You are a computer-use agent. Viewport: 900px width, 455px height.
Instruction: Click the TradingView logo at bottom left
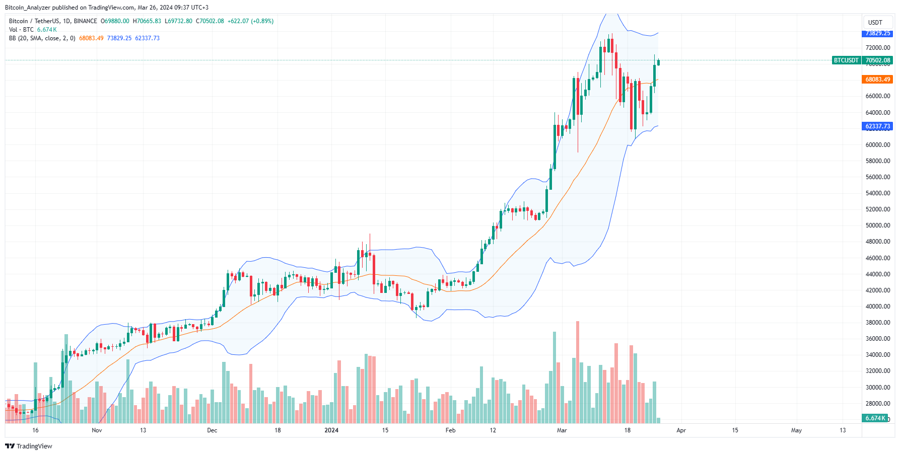pyautogui.click(x=28, y=446)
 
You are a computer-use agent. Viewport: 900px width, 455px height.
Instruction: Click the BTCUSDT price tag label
pyautogui.click(x=846, y=60)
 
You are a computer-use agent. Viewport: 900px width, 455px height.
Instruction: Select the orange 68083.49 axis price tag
pyautogui.click(x=877, y=80)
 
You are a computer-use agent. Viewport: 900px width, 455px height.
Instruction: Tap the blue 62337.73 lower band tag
pyautogui.click(x=877, y=126)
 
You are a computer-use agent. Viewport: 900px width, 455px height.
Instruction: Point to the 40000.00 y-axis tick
pyautogui.click(x=877, y=307)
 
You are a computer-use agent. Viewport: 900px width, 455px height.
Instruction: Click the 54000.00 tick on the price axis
pyautogui.click(x=877, y=193)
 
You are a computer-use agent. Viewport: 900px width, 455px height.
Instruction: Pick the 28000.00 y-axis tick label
pyautogui.click(x=877, y=404)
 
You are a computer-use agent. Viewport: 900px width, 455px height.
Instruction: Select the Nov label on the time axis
pyautogui.click(x=97, y=430)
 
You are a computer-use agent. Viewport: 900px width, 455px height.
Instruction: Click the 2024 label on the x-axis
pyautogui.click(x=331, y=430)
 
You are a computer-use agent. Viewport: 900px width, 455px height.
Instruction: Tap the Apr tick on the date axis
pyautogui.click(x=681, y=430)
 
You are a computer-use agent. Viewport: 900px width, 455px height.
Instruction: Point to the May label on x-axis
pyautogui.click(x=796, y=430)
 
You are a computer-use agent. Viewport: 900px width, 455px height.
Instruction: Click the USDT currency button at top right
pyautogui.click(x=875, y=23)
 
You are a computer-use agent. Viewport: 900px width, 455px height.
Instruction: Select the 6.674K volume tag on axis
pyautogui.click(x=875, y=418)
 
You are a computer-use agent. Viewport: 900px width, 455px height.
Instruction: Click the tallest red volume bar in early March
pyautogui.click(x=578, y=372)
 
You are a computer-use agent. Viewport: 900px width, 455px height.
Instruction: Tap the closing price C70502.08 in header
pyautogui.click(x=210, y=21)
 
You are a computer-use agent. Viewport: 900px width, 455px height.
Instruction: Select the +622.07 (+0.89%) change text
pyautogui.click(x=250, y=21)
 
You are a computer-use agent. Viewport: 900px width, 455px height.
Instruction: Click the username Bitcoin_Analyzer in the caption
pyautogui.click(x=28, y=8)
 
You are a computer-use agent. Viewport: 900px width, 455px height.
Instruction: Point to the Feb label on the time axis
pyautogui.click(x=450, y=430)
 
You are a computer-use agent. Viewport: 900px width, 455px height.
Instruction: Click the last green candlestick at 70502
pyautogui.click(x=658, y=62)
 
